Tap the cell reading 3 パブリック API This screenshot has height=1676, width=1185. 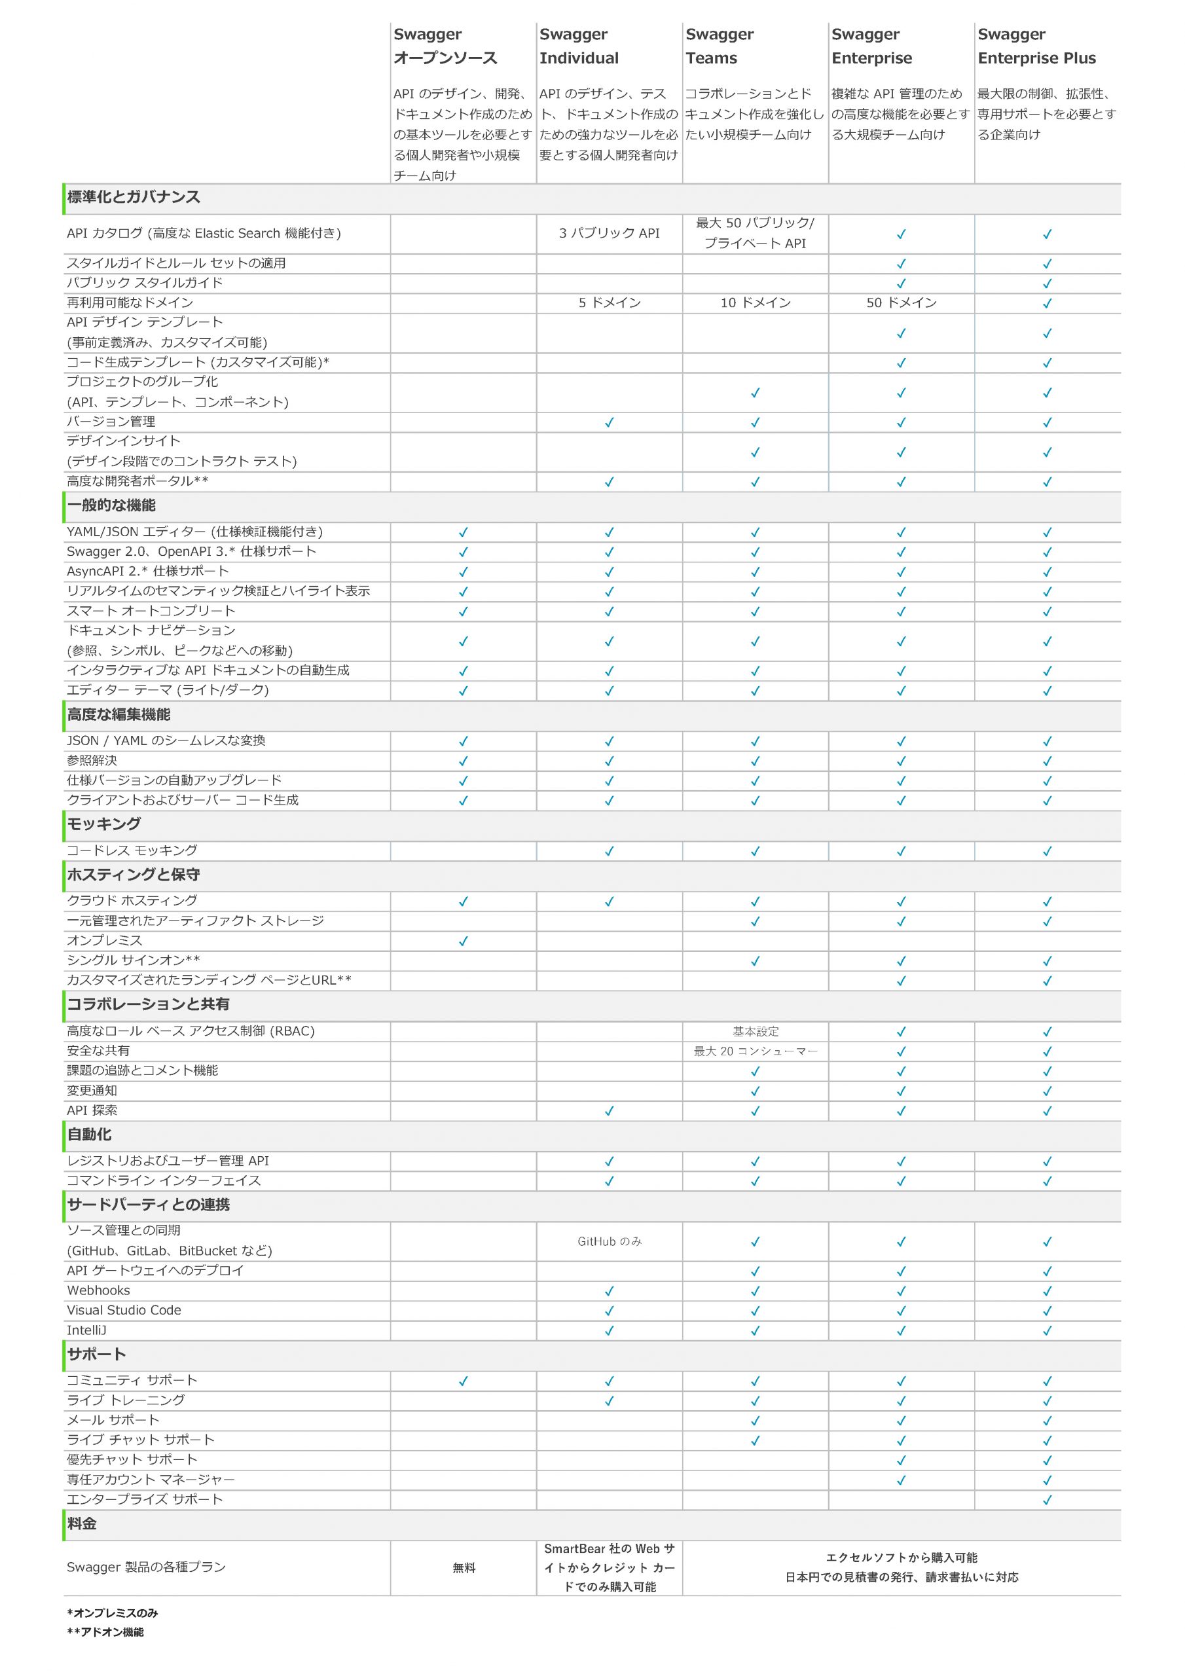point(609,234)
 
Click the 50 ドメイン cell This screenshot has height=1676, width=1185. point(901,303)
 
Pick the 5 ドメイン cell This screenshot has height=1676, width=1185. point(609,303)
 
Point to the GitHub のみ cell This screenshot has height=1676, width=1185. point(609,1241)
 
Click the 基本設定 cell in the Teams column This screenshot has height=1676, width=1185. point(755,1031)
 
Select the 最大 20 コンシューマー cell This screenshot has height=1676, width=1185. point(755,1051)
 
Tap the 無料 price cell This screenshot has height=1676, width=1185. point(464,1568)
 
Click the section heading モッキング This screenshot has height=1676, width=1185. point(103,824)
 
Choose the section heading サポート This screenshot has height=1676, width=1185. point(96,1355)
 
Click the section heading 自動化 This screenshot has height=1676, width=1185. point(89,1135)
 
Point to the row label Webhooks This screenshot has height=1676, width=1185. point(99,1290)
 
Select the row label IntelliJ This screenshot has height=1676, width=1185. point(87,1330)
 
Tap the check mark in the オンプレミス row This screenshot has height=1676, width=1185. point(463,941)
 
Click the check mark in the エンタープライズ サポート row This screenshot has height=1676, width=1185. point(1047,1500)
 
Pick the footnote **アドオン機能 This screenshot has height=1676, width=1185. point(105,1631)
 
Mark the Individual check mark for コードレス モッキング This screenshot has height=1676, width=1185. point(609,851)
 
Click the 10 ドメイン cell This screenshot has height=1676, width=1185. point(755,303)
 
